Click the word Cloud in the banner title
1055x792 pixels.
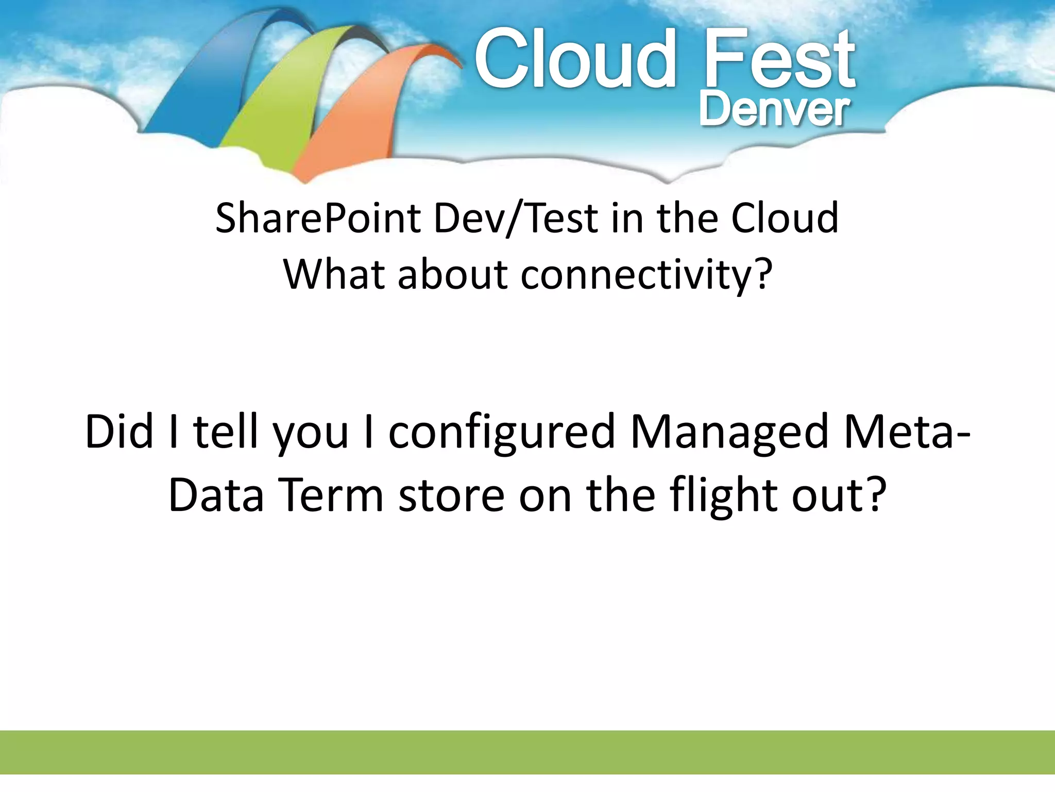point(574,59)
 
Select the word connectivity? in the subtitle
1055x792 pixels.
point(646,275)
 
